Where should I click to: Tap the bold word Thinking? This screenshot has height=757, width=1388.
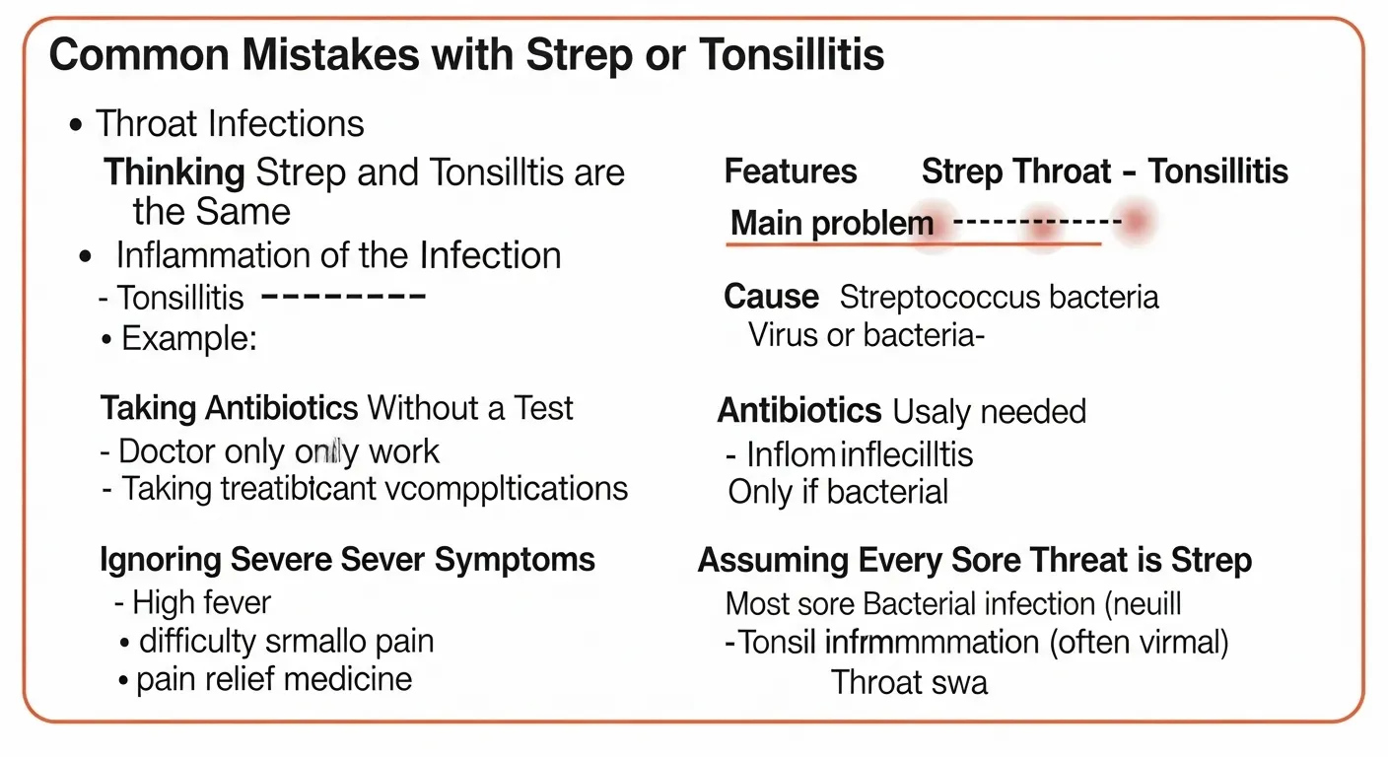pos(174,173)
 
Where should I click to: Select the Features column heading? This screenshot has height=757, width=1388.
pos(791,172)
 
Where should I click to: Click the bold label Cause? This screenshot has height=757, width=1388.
pos(771,297)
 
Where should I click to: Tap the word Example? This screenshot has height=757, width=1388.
pos(187,339)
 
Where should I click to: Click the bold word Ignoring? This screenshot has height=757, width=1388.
pos(163,560)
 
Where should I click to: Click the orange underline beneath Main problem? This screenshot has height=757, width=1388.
pos(913,242)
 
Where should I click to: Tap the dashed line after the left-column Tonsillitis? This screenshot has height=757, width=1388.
pos(344,295)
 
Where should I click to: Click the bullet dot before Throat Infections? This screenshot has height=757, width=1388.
pos(76,125)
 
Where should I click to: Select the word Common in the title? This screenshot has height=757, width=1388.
pos(124,56)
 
